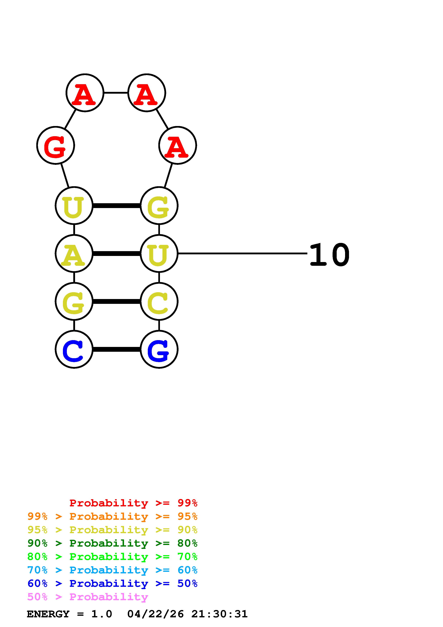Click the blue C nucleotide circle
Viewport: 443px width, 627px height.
tap(74, 349)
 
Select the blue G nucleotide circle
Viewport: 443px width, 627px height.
tap(159, 349)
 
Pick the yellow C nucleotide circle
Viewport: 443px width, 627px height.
tap(159, 302)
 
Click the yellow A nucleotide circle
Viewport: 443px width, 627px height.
tap(74, 254)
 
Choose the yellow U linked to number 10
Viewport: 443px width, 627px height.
tap(159, 254)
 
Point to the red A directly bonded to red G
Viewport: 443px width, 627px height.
tap(85, 93)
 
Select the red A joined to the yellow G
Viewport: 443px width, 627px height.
tap(177, 145)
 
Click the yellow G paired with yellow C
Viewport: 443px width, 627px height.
tap(74, 302)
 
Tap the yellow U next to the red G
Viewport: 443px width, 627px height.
tap(74, 206)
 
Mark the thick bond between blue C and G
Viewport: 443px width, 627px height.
tap(117, 349)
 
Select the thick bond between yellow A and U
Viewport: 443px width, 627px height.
tap(117, 254)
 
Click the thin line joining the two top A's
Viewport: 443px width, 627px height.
tap(116, 93)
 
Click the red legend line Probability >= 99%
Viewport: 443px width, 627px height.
tap(133, 503)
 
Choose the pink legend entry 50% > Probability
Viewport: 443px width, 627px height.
tap(87, 597)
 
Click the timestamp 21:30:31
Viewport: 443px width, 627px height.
tap(219, 614)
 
